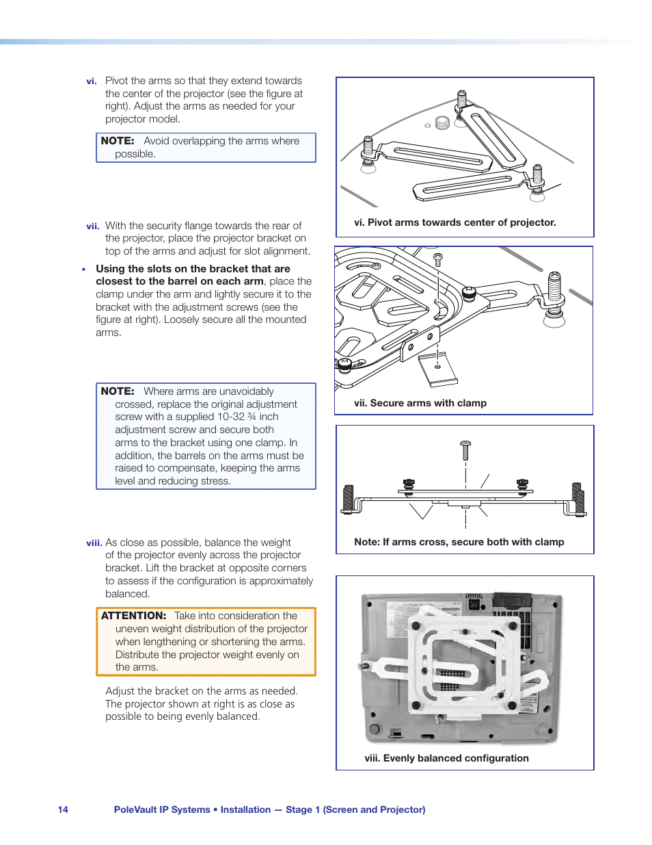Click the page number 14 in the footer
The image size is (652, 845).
pos(63,809)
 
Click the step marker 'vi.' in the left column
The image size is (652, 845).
pos(92,81)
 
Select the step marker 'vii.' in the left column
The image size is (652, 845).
pos(93,226)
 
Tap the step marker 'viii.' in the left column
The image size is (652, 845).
pos(94,543)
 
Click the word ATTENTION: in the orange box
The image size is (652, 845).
pos(134,616)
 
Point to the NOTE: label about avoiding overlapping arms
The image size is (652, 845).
pos(118,141)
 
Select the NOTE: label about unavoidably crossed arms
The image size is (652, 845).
pos(118,391)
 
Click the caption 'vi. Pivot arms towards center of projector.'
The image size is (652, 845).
pos(454,222)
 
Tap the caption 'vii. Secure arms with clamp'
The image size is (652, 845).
pos(420,403)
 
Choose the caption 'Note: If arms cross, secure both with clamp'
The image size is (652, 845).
pos(459,542)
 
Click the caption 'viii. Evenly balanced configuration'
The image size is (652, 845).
pos(446,758)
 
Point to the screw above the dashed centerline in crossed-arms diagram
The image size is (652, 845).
pos(466,450)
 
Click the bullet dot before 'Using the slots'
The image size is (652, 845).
pos(84,270)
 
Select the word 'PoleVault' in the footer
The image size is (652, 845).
pos(135,809)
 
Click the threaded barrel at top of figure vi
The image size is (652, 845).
pos(462,100)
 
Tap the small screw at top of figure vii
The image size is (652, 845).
pos(438,259)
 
